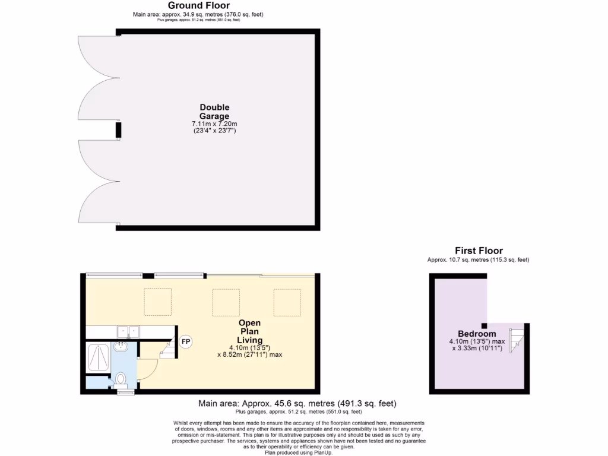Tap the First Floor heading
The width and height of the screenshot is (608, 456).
pos(479,251)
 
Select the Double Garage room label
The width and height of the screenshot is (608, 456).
pos(214,112)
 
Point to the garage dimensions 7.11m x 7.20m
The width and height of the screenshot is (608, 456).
pos(214,123)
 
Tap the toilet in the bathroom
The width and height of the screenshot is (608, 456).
pos(121,378)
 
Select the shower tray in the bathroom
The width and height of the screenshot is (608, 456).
pos(97,357)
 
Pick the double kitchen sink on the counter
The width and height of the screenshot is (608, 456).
pos(128,331)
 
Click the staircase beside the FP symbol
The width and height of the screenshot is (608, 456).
pos(168,350)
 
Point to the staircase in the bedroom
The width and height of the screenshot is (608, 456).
pos(518,340)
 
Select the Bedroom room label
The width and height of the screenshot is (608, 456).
pos(477,334)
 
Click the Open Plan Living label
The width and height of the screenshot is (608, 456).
pos(250,331)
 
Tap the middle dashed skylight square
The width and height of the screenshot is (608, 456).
pos(226,302)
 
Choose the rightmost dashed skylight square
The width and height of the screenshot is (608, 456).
pos(287,302)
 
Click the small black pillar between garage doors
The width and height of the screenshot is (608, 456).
pos(118,131)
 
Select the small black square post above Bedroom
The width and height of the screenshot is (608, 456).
pos(484,325)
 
